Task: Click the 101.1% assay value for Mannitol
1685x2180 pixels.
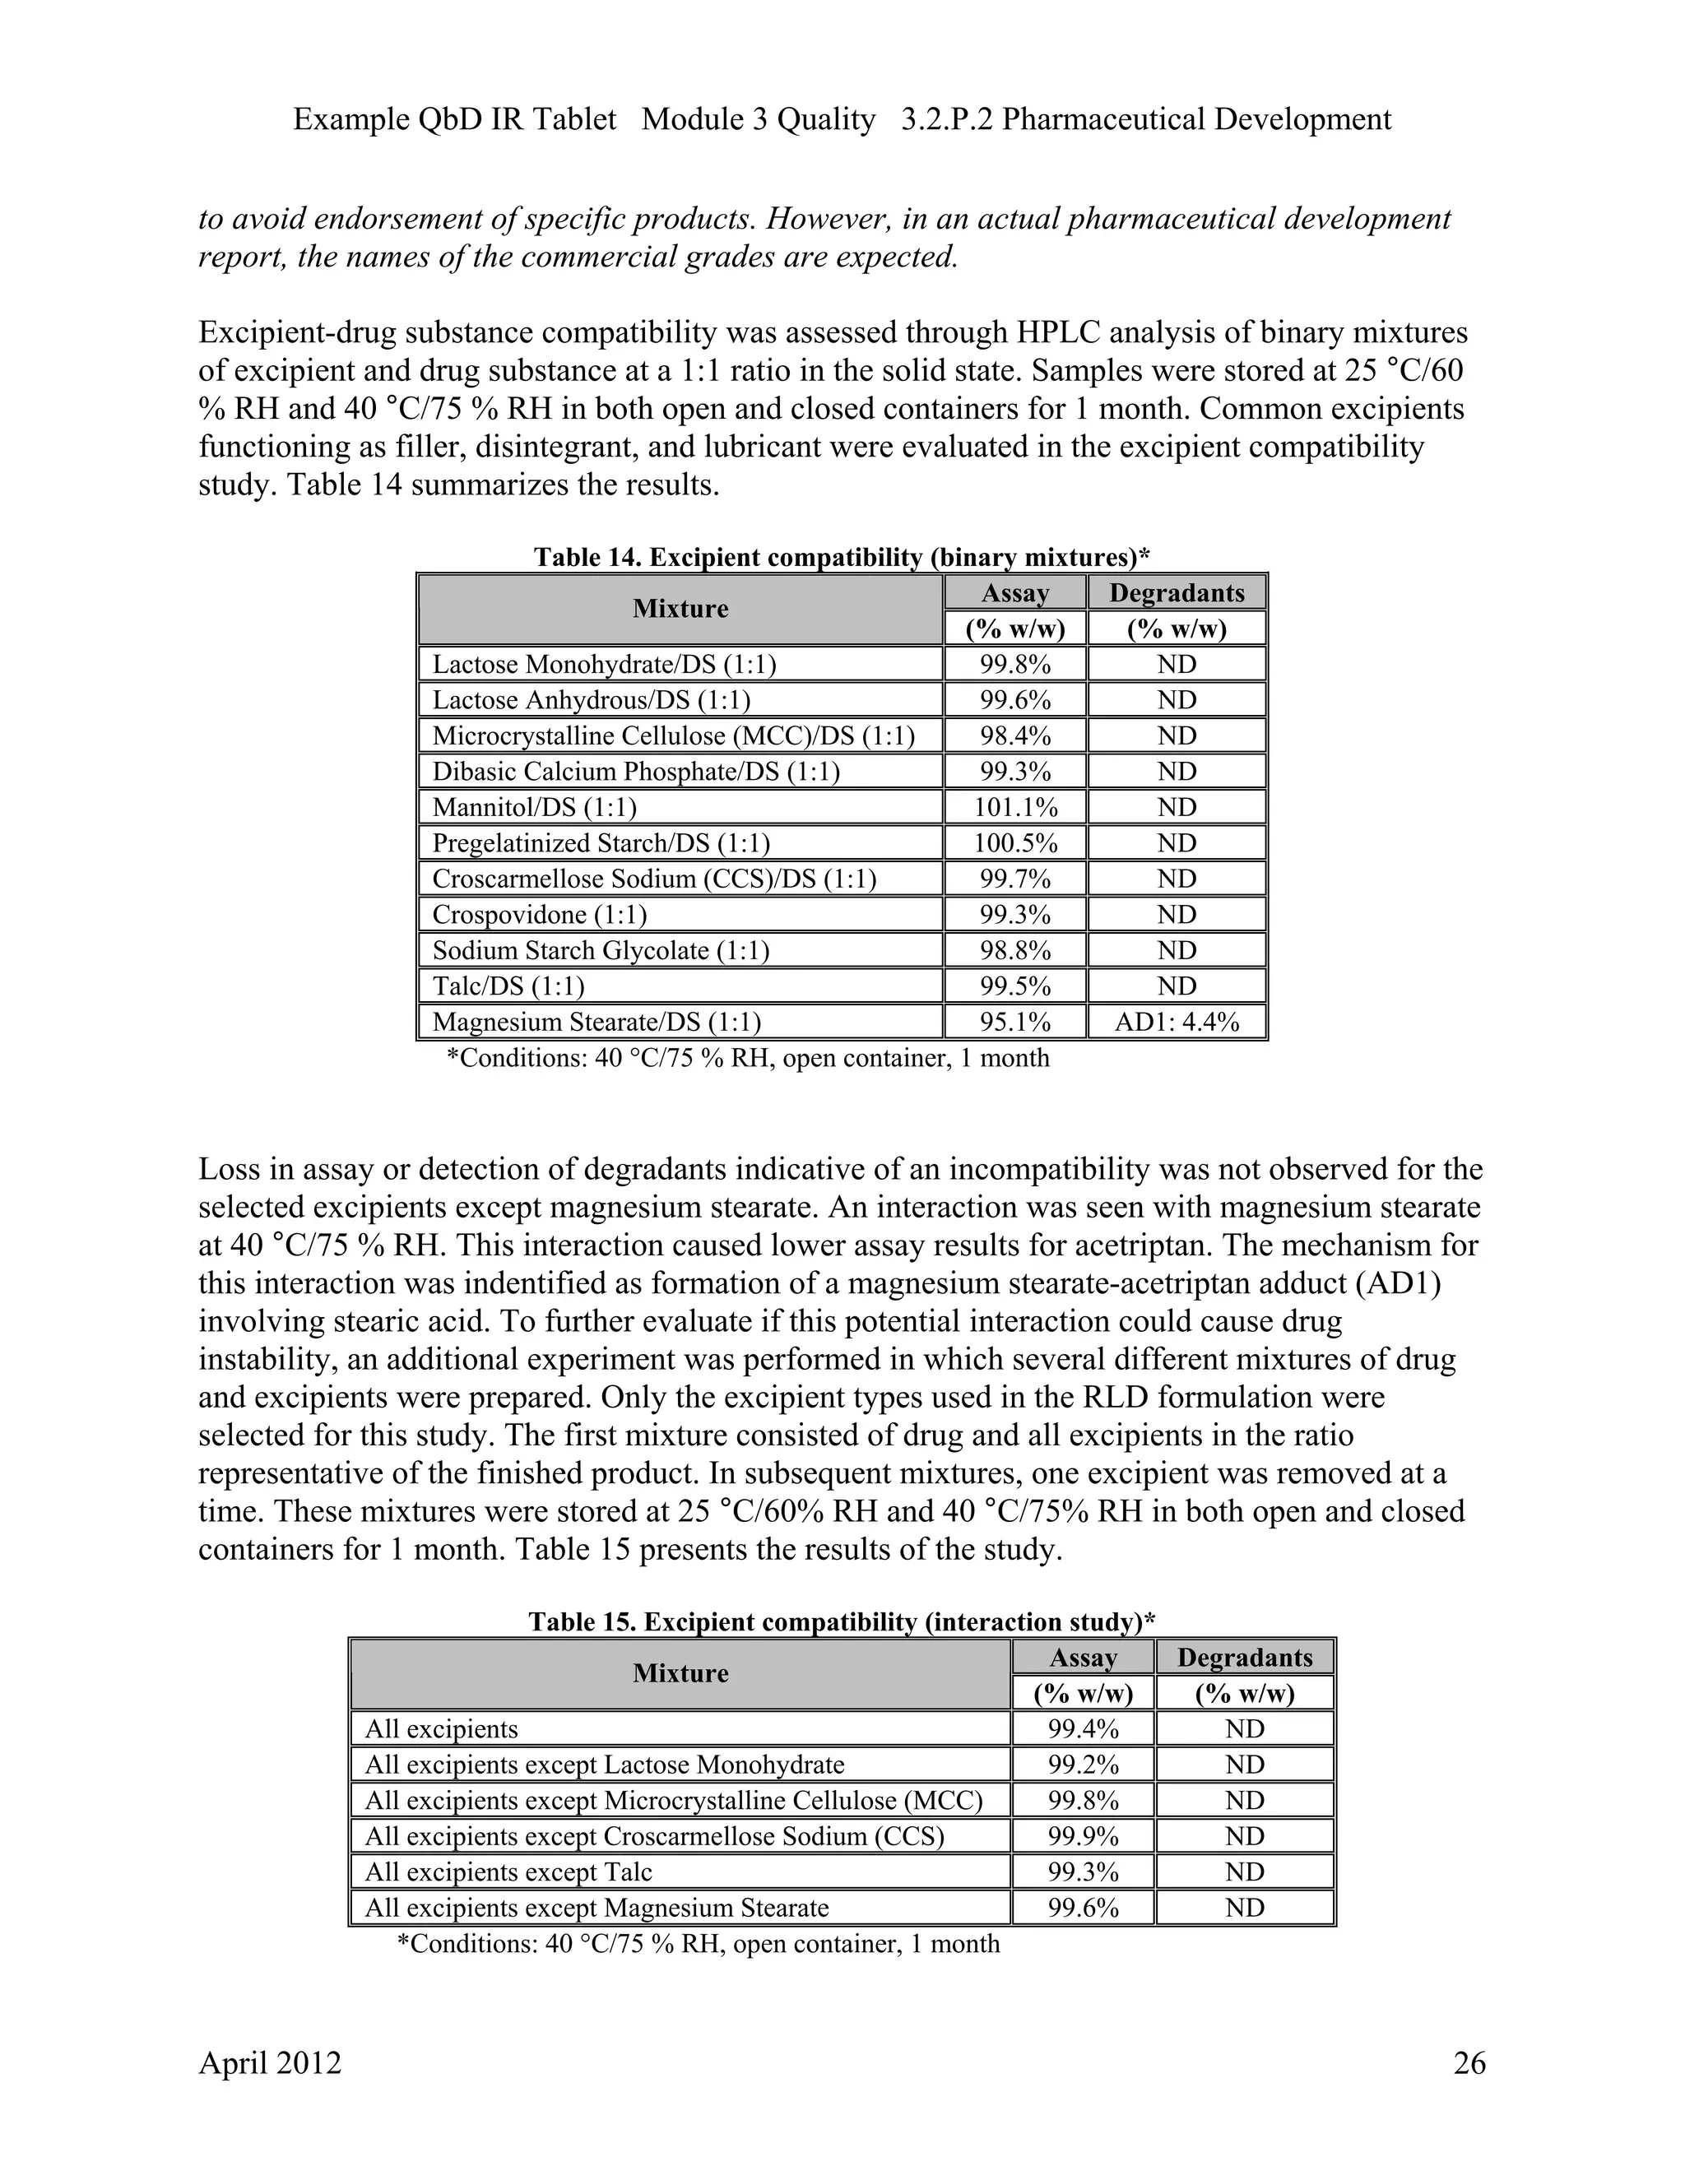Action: click(1015, 806)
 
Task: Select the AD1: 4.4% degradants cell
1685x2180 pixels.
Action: click(1177, 1021)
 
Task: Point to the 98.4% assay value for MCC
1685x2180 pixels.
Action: click(1015, 735)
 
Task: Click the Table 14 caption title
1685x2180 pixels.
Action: click(842, 556)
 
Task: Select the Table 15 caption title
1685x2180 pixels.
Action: click(842, 1621)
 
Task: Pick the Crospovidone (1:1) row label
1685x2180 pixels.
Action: click(539, 914)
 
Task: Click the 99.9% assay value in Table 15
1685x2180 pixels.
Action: click(1083, 1835)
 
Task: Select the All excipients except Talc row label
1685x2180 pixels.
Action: click(508, 1872)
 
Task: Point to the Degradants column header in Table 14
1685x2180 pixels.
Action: click(1177, 593)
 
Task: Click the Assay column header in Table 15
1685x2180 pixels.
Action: click(1083, 1658)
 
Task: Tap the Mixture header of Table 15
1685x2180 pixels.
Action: click(680, 1673)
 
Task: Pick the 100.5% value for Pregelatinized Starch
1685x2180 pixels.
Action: click(1015, 842)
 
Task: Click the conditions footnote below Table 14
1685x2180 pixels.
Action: click(748, 1057)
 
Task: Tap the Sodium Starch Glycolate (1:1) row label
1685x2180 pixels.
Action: click(600, 950)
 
